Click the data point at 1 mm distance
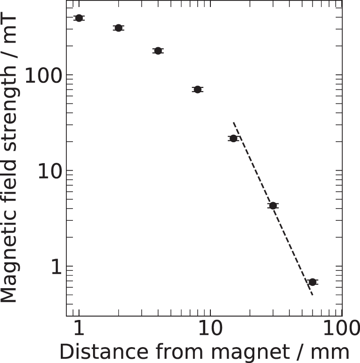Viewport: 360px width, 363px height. (79, 18)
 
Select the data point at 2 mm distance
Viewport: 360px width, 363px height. (118, 28)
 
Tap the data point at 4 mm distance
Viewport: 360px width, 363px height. (158, 51)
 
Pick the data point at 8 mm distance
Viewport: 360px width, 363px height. (197, 89)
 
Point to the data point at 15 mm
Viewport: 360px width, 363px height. (233, 138)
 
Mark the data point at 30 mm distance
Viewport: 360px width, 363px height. (273, 205)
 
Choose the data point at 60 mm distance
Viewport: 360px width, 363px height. (312, 282)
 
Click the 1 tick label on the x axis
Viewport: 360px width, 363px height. (79, 331)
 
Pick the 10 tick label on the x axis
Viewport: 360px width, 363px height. (210, 331)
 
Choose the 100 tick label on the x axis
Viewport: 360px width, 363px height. (341, 331)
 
